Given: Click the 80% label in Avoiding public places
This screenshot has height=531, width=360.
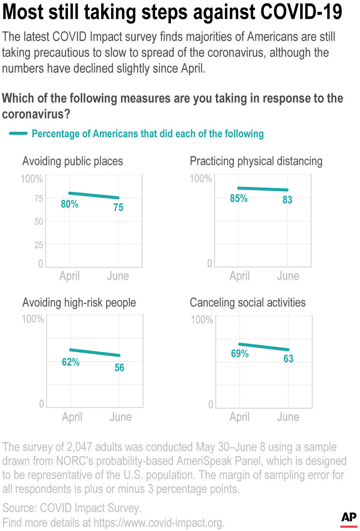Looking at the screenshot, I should (x=69, y=204).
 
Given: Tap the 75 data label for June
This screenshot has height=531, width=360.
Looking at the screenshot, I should (x=118, y=208).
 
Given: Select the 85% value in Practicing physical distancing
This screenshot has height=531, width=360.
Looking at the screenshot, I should (x=239, y=198).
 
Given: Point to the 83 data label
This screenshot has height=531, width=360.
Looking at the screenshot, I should (x=287, y=200).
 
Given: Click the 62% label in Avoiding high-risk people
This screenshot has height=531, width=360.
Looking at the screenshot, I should (x=71, y=362).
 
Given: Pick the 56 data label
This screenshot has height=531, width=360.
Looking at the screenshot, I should (x=119, y=368).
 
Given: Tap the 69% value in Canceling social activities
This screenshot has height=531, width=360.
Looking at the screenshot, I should (x=240, y=353).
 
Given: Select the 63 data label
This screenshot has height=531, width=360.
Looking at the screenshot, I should (x=288, y=359).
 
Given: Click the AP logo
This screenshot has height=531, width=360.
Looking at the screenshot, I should (x=349, y=518).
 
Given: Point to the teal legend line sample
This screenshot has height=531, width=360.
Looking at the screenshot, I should (x=18, y=134).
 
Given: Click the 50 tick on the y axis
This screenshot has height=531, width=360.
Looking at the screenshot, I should (x=39, y=222).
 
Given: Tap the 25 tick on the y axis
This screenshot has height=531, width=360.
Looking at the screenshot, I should (x=39, y=245).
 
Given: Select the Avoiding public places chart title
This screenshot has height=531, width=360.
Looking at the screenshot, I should (x=73, y=161).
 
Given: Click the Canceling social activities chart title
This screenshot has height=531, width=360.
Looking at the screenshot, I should (x=248, y=303).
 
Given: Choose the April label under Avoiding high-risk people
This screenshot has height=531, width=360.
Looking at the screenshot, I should (x=72, y=417).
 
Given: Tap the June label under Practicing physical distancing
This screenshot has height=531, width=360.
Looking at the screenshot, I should (x=288, y=276).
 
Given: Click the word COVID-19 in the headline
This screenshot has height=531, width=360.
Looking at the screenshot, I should (x=301, y=12).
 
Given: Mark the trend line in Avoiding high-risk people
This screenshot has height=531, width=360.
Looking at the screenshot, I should (x=95, y=353).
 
